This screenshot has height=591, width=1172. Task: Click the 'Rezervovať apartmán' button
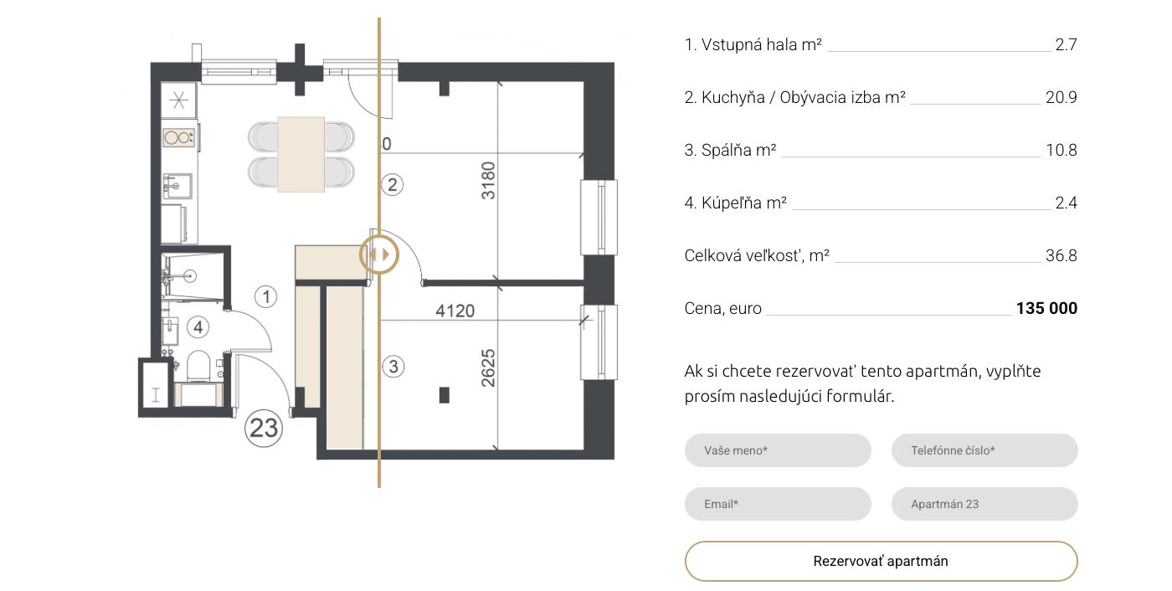[x=881, y=561]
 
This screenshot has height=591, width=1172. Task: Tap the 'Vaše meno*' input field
[x=778, y=450]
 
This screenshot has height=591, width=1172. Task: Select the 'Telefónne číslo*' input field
[x=984, y=450]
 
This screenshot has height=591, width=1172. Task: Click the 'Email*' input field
[x=778, y=504]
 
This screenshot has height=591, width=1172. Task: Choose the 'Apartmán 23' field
[x=984, y=504]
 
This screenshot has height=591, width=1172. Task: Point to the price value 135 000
[x=1046, y=308]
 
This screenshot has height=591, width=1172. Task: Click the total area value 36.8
[x=1061, y=255]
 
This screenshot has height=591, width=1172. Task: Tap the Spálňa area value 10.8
[x=1061, y=150]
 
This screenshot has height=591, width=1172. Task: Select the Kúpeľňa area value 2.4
[x=1066, y=203]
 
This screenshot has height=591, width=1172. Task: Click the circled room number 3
[x=393, y=366]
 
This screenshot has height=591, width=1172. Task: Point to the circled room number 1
[x=266, y=296]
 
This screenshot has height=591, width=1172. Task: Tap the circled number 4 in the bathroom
[x=198, y=326]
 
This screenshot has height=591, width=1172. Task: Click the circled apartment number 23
[x=264, y=428]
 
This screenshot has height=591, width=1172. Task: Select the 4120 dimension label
[x=455, y=311]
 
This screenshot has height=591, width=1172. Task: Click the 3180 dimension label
[x=487, y=181]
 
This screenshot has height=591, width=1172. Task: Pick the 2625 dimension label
[x=487, y=368]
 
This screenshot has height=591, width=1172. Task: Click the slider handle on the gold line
[x=379, y=254]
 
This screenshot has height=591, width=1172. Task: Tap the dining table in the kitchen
[x=301, y=154]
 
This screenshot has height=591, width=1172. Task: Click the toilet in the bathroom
[x=198, y=364]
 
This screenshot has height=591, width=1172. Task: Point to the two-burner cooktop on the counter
[x=179, y=137]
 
